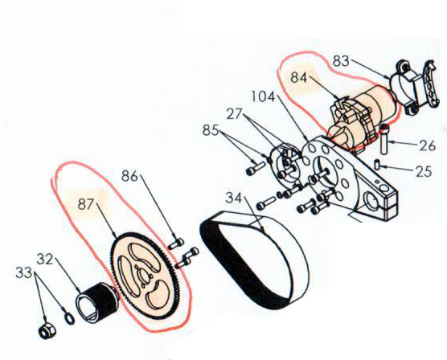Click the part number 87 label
point(86,204)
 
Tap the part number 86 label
point(129,176)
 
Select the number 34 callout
point(233,198)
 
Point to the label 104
point(263,96)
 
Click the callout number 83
point(341,61)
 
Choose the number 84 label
point(299,77)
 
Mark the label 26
point(428,145)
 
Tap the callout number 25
point(424,172)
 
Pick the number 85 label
point(211,130)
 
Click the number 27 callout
point(234,114)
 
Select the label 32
point(45,259)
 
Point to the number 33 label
point(23,272)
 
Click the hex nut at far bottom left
point(47,331)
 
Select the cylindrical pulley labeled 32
point(97,302)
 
